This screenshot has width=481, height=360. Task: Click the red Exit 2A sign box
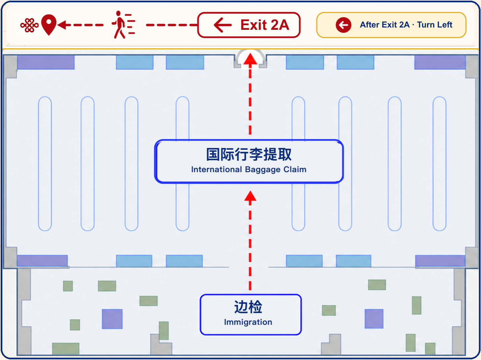tap(249, 25)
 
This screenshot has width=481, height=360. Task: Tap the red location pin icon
tap(49, 25)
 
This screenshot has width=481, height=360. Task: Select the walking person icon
tap(123, 25)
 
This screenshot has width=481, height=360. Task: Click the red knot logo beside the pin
tap(29, 25)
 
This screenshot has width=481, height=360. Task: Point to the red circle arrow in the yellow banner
tap(344, 25)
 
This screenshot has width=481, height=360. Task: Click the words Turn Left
tap(435, 25)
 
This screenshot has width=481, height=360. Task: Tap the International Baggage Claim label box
tap(249, 161)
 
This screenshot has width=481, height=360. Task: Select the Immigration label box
tap(251, 314)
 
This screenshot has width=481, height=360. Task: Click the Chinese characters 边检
tap(248, 307)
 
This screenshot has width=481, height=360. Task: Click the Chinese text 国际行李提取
tap(249, 154)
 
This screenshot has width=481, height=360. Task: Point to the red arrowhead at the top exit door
tap(250, 59)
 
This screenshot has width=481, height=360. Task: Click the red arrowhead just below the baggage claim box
tap(250, 196)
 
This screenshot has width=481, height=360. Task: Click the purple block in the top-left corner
tap(46, 62)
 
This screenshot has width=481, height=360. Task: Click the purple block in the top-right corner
tap(440, 62)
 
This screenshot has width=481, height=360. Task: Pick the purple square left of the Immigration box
tap(112, 319)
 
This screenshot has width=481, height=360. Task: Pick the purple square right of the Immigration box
tap(374, 319)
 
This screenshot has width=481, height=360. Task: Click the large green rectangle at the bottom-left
tap(66, 348)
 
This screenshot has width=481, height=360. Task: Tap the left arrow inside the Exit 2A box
tap(223, 25)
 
